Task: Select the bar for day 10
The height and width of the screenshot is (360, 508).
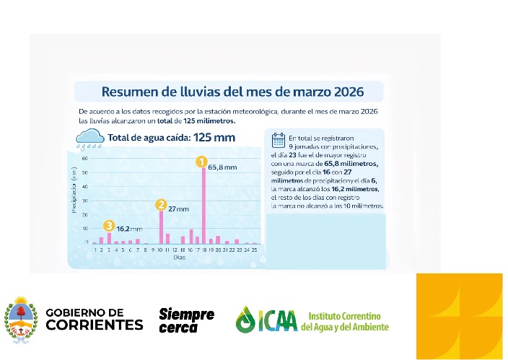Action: (x=161, y=227)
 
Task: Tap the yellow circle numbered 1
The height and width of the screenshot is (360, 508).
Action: (x=202, y=162)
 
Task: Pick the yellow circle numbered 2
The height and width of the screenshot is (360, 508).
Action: (x=161, y=205)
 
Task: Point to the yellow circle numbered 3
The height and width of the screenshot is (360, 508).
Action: (x=109, y=226)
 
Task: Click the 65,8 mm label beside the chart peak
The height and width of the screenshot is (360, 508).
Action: (x=222, y=167)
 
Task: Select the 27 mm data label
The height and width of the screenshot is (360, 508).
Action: (x=178, y=208)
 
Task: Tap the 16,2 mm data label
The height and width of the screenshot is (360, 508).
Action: (x=129, y=229)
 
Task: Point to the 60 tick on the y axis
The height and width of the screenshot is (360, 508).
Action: (x=84, y=158)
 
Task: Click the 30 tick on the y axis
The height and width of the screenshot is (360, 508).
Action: (x=84, y=201)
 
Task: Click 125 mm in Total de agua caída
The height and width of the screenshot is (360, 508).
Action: (x=215, y=136)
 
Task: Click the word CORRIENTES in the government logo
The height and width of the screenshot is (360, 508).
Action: (x=95, y=325)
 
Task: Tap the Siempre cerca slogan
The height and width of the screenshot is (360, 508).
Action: (x=186, y=320)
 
